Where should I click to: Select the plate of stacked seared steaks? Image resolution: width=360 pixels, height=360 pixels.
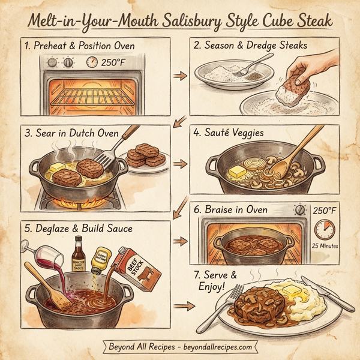pyautogui.click(x=146, y=157)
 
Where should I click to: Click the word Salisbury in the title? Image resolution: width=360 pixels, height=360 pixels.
pyautogui.click(x=191, y=22)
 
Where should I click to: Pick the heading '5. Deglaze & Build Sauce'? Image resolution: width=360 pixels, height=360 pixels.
pyautogui.click(x=79, y=229)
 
